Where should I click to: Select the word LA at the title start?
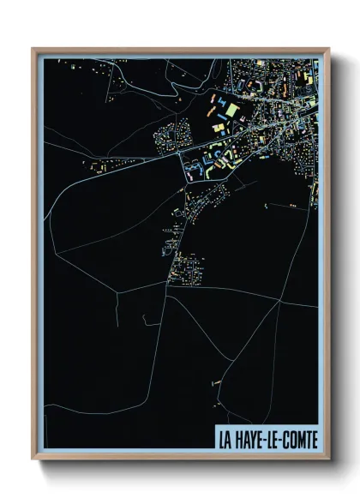tap(225, 440)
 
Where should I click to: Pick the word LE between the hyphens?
tap(269, 440)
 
